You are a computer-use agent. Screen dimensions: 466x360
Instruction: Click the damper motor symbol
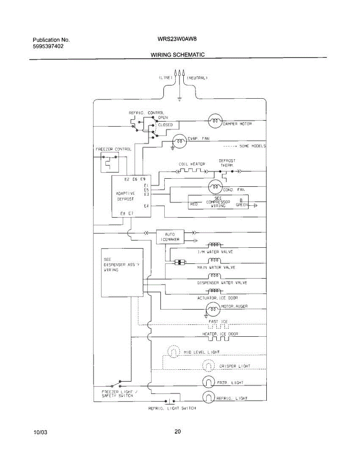(215, 122)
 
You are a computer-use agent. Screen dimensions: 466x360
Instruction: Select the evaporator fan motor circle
(179, 141)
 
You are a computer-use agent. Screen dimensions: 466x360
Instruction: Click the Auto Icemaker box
(170, 237)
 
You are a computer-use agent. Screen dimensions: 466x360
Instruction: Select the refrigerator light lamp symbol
(209, 397)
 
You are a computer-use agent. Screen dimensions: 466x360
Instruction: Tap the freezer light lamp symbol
(209, 382)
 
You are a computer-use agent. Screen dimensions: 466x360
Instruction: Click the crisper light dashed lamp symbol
(209, 365)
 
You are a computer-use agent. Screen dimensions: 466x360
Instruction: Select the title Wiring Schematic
(177, 55)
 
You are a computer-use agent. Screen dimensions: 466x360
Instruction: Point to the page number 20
(177, 431)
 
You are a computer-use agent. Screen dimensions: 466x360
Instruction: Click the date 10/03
(40, 432)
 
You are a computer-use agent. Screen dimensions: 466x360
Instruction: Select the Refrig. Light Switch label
(172, 408)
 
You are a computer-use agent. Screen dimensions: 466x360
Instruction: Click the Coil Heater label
(192, 164)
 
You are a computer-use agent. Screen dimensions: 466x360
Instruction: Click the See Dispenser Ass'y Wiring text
(121, 264)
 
